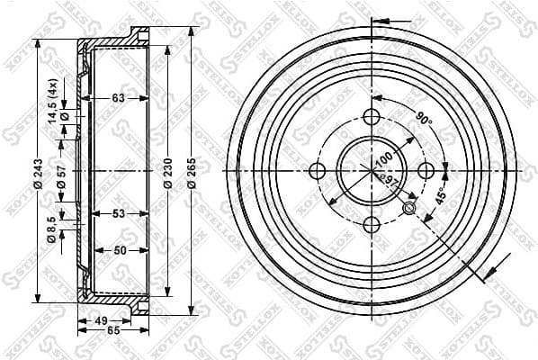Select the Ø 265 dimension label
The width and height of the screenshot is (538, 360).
tap(192, 171)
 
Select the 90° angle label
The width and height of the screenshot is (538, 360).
tap(424, 118)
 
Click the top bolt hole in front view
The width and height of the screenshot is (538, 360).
tap(371, 117)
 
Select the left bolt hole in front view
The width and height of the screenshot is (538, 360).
tap(316, 171)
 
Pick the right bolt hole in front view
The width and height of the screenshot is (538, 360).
tap(426, 171)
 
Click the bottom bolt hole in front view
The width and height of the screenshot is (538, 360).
tap(371, 226)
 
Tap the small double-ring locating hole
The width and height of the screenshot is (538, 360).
tap(409, 210)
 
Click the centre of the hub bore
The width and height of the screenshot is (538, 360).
tap(371, 170)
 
